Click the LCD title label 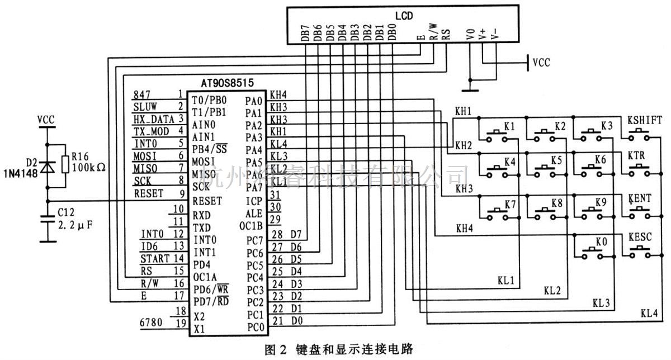click(x=404, y=16)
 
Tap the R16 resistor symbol click(x=66, y=165)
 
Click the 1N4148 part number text click(x=22, y=174)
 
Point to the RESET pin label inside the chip click(x=206, y=201)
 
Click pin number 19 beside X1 click(x=179, y=324)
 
